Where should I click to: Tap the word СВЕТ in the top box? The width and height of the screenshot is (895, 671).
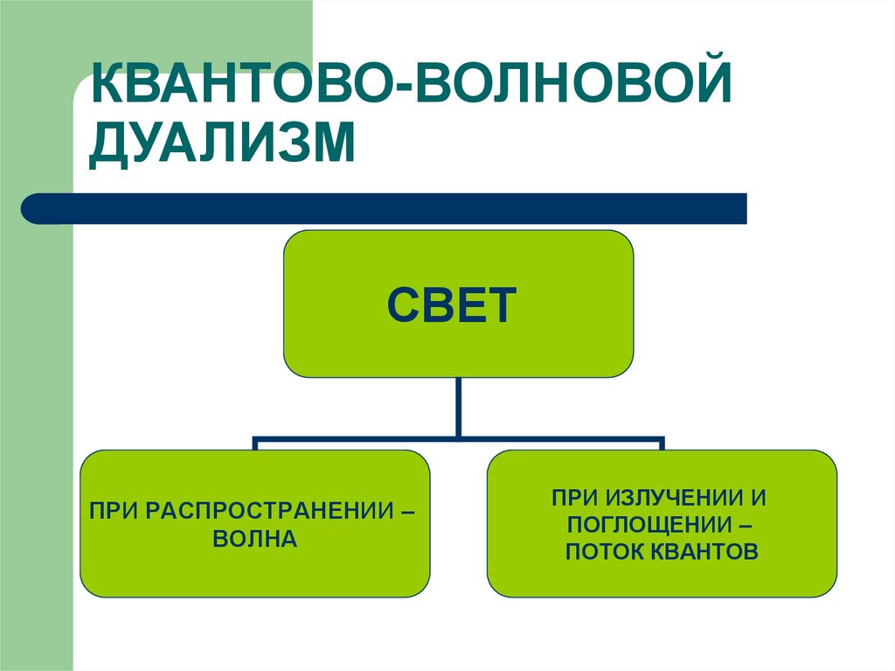[x=452, y=305]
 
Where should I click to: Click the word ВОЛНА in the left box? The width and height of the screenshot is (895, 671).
[x=255, y=539]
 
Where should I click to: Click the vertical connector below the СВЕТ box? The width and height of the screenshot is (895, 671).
[x=458, y=407]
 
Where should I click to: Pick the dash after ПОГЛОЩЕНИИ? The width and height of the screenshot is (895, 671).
[x=746, y=525]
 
